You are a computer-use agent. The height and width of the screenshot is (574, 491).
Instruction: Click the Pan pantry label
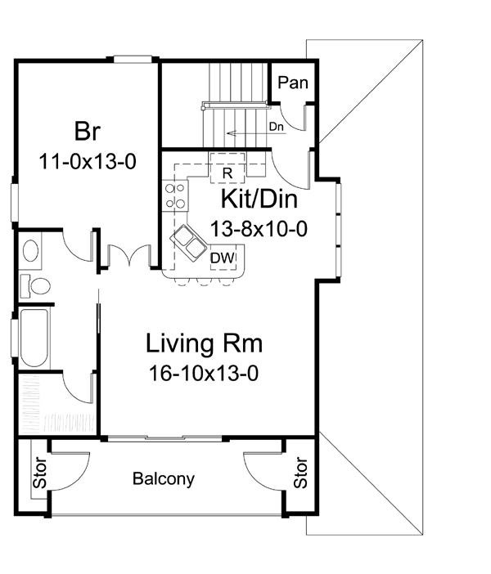(293, 83)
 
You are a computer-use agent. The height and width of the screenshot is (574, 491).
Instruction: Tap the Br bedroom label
(88, 131)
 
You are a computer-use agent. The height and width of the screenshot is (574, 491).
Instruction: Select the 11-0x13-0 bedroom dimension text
(88, 161)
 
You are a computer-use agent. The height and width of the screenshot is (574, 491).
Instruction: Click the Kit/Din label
(259, 199)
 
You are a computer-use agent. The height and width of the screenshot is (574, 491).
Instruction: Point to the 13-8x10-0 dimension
(259, 229)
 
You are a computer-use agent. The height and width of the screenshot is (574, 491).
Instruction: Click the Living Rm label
(204, 343)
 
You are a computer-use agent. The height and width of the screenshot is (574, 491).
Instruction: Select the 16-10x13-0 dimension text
(204, 374)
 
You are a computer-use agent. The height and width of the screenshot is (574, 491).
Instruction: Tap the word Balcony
(164, 479)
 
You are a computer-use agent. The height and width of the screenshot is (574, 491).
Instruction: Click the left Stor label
(39, 473)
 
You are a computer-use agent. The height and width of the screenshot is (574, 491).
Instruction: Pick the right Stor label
(300, 473)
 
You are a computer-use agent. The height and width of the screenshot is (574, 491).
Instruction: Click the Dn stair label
(277, 127)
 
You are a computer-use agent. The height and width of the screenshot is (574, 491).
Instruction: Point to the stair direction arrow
(256, 133)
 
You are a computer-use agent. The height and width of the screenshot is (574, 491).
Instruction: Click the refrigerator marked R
(227, 168)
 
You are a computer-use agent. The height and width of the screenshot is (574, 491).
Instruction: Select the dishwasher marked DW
(223, 258)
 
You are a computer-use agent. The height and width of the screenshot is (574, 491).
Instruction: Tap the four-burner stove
(175, 196)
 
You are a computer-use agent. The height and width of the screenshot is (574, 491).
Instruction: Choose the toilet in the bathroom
(35, 285)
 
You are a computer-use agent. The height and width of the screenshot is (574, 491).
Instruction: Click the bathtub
(34, 338)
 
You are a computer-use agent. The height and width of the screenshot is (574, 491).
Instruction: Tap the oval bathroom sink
(30, 250)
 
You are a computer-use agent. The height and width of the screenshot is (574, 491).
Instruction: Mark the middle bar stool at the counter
(203, 281)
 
